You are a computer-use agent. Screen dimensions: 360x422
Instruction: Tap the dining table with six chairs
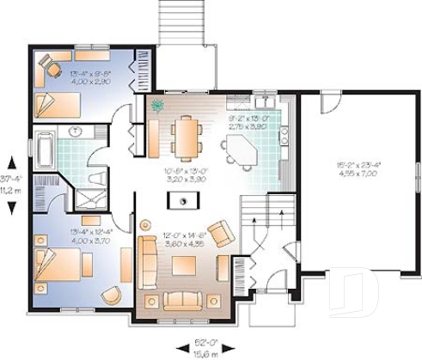[x=186, y=135]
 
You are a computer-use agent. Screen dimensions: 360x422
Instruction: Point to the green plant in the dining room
[x=158, y=107]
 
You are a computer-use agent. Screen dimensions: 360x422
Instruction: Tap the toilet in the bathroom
[x=96, y=178]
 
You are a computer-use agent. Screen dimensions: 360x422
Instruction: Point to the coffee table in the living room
[x=185, y=265]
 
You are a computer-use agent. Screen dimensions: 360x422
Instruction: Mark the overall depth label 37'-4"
[x=10, y=179]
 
